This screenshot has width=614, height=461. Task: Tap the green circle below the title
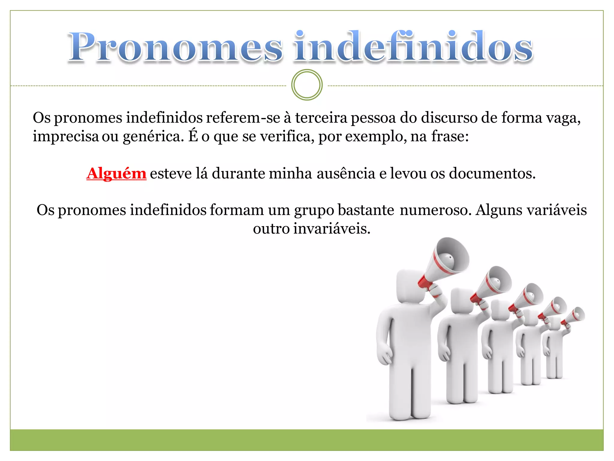[307, 85]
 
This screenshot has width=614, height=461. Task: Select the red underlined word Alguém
[116, 173]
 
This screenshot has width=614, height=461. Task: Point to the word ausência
[346, 173]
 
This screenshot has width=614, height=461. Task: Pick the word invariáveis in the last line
[332, 229]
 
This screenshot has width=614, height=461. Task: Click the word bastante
[366, 210]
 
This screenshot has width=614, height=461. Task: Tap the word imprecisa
[66, 137]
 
